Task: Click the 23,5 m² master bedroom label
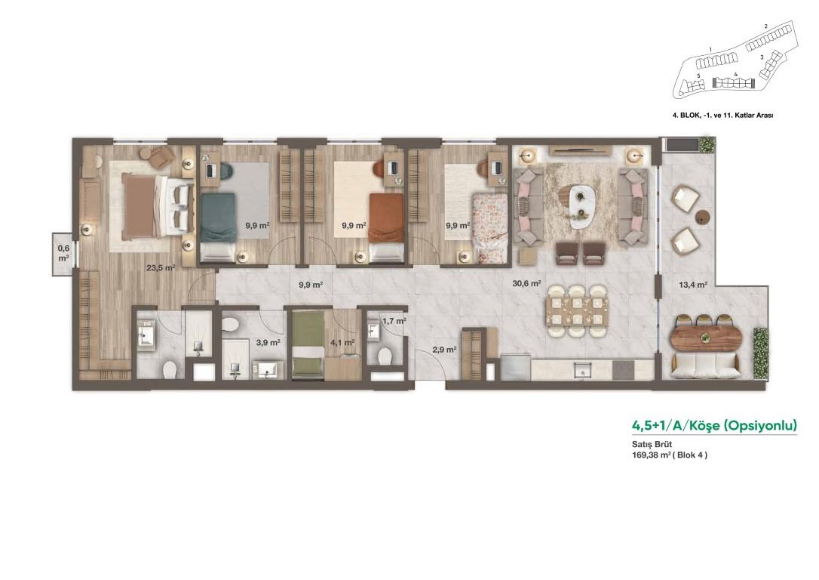(x=161, y=268)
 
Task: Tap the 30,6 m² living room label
(x=526, y=283)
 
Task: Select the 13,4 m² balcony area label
(x=693, y=285)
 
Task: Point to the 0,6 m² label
(x=63, y=254)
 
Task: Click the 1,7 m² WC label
(x=394, y=321)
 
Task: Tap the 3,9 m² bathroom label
(x=268, y=343)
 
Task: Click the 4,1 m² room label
(x=342, y=343)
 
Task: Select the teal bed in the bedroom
(x=218, y=227)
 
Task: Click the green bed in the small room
(x=308, y=344)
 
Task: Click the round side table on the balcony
(x=703, y=217)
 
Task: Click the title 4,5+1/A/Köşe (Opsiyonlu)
(x=714, y=424)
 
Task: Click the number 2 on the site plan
(x=765, y=26)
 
